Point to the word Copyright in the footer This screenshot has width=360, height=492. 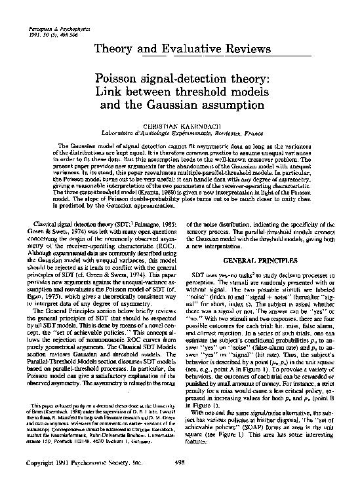pyautogui.click(x=37, y=481)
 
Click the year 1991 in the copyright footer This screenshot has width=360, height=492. pyautogui.click(x=62, y=481)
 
